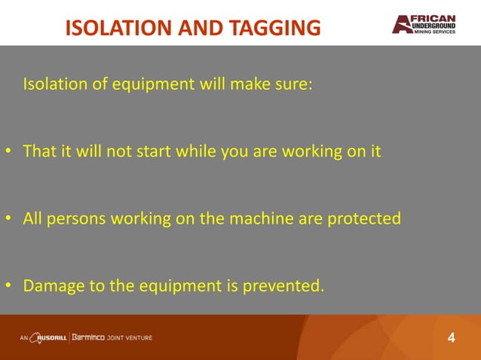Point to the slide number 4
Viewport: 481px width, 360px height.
point(452,337)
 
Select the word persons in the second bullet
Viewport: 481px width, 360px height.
point(77,219)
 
